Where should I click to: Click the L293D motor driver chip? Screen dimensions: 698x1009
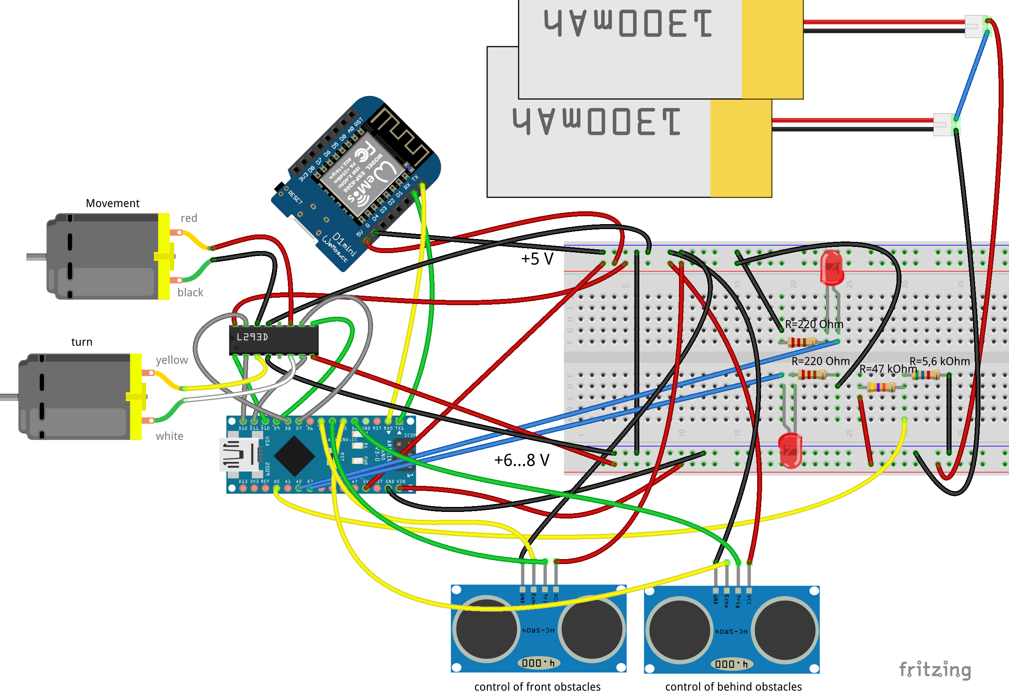click(x=273, y=339)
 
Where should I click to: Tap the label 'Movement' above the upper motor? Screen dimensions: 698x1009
click(x=112, y=203)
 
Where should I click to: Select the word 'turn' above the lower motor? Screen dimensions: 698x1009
click(x=82, y=342)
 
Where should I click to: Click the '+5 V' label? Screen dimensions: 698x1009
click(x=537, y=259)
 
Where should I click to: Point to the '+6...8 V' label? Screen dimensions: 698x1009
click(x=521, y=460)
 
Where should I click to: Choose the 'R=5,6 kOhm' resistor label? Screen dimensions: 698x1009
click(x=940, y=361)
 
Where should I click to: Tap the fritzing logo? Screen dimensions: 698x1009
click(x=935, y=669)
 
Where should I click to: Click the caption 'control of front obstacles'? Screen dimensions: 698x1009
click(x=537, y=687)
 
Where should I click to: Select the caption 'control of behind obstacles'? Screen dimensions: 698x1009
click(x=734, y=687)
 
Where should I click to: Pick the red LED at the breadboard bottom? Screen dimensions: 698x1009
click(x=790, y=450)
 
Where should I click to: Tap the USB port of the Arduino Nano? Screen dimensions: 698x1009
click(x=238, y=455)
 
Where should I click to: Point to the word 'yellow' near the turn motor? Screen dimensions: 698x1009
click(x=172, y=360)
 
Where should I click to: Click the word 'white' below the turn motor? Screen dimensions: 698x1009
click(x=169, y=436)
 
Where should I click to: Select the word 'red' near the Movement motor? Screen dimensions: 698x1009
click(x=189, y=218)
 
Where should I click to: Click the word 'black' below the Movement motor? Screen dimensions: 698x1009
click(x=190, y=292)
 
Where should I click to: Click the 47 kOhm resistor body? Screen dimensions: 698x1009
click(x=881, y=387)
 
